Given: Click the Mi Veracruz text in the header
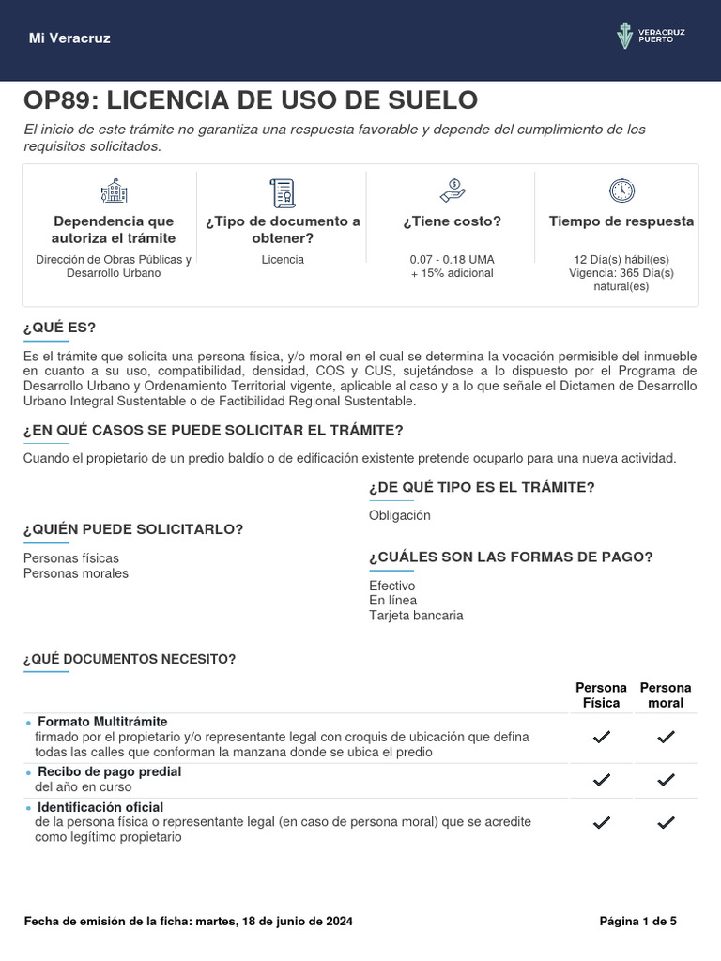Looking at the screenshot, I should pyautogui.click(x=69, y=38).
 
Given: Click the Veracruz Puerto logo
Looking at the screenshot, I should pyautogui.click(x=651, y=37).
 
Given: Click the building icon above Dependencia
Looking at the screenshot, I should pyautogui.click(x=113, y=191).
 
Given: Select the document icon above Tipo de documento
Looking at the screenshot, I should pyautogui.click(x=283, y=192).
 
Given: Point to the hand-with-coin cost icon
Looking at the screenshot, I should pyautogui.click(x=452, y=191).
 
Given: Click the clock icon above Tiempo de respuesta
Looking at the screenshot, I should pyautogui.click(x=621, y=191).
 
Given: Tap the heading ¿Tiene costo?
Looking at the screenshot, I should pyautogui.click(x=452, y=221).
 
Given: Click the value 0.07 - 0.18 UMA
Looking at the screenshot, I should pyautogui.click(x=452, y=259).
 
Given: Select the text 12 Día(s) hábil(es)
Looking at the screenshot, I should pyautogui.click(x=621, y=259).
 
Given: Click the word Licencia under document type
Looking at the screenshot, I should pyautogui.click(x=283, y=259).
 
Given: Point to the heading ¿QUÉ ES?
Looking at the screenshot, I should pyautogui.click(x=59, y=328).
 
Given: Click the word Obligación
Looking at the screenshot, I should pyautogui.click(x=400, y=515).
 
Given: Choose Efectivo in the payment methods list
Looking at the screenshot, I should pyautogui.click(x=392, y=586).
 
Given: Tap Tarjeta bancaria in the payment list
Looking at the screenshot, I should pyautogui.click(x=416, y=616).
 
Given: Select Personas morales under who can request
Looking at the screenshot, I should pyautogui.click(x=76, y=573).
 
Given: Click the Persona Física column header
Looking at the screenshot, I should pyautogui.click(x=601, y=695).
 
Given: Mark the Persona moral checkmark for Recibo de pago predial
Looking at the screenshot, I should pyautogui.click(x=666, y=779).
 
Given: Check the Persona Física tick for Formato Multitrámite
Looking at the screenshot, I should pyautogui.click(x=602, y=738).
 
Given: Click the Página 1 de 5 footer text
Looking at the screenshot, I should pyautogui.click(x=637, y=922).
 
